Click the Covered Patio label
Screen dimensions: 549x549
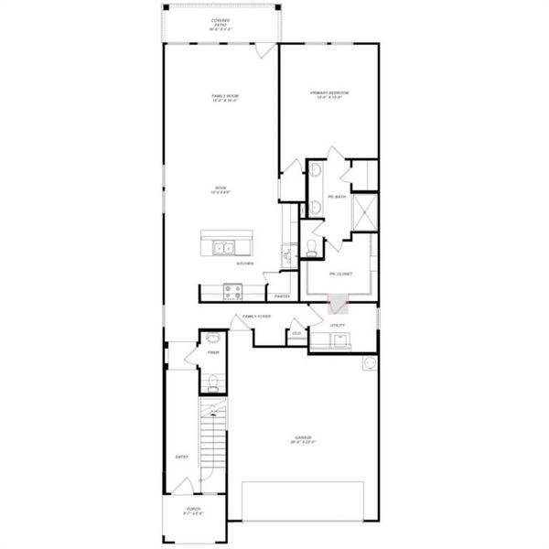pos(220,22)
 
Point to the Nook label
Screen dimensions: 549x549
pos(221,190)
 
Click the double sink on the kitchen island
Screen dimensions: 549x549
pos(223,246)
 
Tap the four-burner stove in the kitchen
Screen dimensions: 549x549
pos(233,292)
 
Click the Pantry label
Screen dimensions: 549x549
pos(282,296)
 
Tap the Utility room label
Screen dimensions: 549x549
pos(337,325)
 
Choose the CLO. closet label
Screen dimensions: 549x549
pos(296,333)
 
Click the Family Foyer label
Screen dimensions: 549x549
pos(256,317)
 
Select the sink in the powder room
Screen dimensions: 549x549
pos(212,339)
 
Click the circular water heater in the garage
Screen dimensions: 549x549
pos(370,362)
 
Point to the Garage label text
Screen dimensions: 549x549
pos(303,439)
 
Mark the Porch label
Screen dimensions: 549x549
pos(193,511)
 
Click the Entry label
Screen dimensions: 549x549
pos(181,457)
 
